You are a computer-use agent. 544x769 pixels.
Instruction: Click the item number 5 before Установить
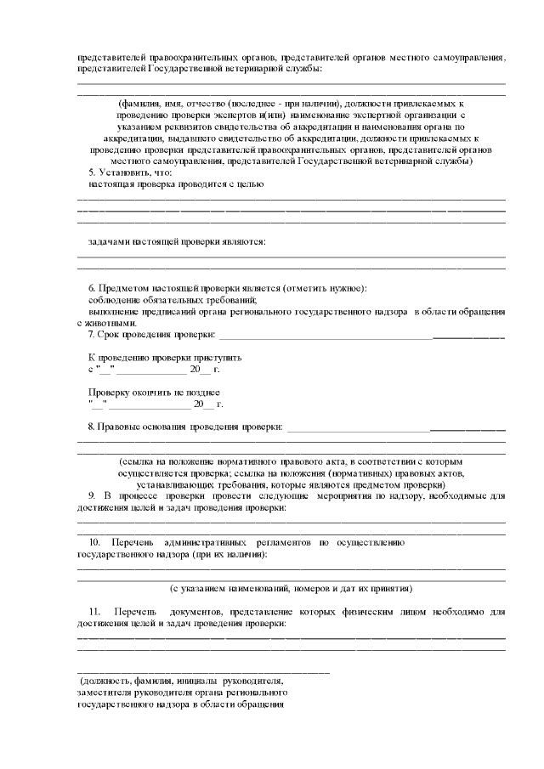(93, 172)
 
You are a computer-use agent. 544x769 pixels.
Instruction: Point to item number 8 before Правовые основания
(91, 425)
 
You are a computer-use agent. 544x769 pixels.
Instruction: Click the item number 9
(91, 495)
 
